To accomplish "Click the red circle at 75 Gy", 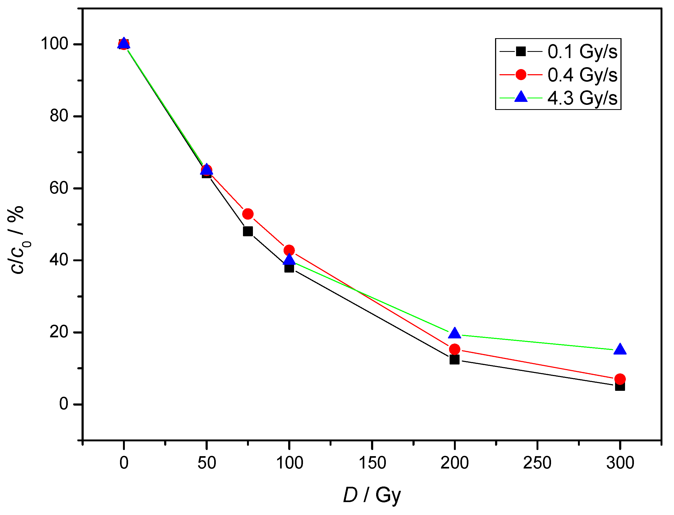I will [248, 214].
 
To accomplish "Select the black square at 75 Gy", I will [248, 231].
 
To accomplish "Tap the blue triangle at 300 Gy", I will [620, 349].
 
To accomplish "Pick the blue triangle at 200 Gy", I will [455, 333].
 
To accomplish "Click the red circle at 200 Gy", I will [455, 349].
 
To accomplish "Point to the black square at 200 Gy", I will [455, 360].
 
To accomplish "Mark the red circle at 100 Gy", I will [289, 250].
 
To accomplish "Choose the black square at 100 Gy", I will [289, 268].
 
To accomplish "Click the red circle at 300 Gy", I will [620, 379].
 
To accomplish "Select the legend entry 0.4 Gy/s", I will [582, 74].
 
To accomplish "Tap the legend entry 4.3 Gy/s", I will [582, 98].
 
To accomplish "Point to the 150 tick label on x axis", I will [372, 463].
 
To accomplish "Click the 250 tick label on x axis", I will [537, 463].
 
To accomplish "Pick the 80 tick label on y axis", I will [59, 116].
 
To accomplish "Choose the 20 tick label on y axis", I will [59, 332].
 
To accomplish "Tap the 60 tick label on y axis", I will [59, 188].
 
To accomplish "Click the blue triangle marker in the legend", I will [521, 97].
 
